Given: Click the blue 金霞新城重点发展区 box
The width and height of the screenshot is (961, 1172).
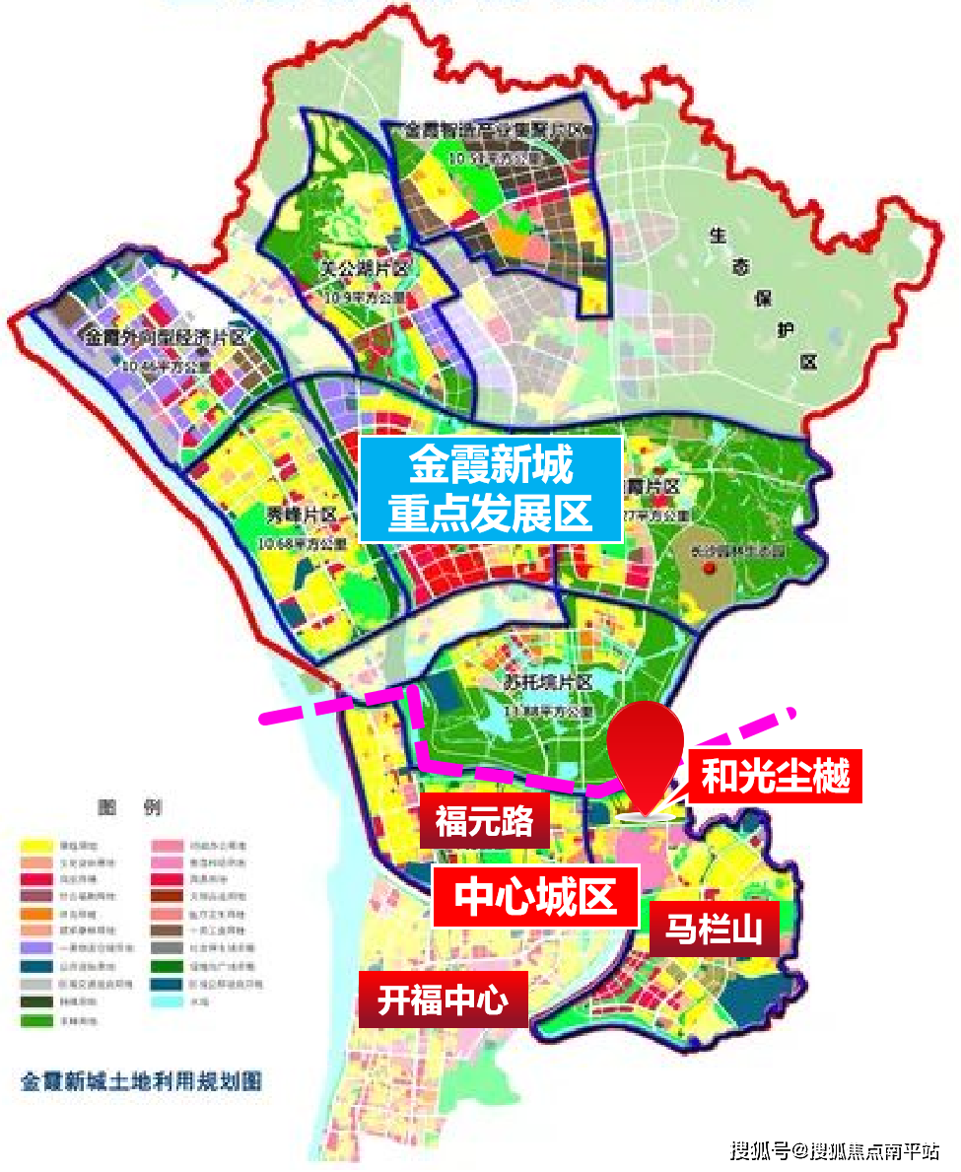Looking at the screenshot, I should coord(490,489).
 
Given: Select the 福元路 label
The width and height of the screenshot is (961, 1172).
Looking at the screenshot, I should coord(484,820).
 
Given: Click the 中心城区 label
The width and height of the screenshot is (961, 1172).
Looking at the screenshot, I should coord(535,896).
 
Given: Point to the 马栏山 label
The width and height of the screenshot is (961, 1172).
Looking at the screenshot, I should coord(715,928).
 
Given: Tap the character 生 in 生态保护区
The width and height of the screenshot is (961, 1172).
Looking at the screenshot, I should coord(717,236).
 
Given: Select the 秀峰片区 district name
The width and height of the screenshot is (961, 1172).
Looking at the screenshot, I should coord(302,516).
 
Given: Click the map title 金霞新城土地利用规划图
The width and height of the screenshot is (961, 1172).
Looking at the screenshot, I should coord(141,1080).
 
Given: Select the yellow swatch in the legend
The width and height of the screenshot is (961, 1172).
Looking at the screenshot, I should coord(36,846).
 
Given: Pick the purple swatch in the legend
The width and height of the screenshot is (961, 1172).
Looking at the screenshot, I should coord(36,946).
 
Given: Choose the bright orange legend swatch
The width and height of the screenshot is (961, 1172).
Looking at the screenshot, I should coord(36,913).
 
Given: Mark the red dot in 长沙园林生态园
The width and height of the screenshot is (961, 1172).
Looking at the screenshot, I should coord(721,571).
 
